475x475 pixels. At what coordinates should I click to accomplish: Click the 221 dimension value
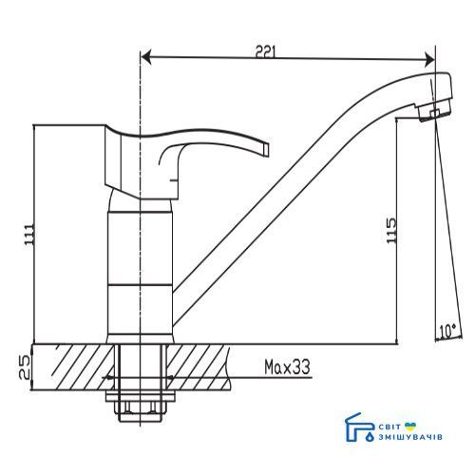[266, 51]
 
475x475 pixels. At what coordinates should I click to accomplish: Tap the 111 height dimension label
[29, 234]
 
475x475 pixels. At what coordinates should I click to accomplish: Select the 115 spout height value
[391, 230]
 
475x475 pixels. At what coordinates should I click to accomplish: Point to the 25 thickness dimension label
[25, 368]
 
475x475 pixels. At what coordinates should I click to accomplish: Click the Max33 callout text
[287, 367]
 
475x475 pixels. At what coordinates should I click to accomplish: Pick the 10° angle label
[447, 332]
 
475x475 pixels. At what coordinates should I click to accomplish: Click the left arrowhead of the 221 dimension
[146, 58]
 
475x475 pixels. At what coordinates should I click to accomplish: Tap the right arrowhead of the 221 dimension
[429, 60]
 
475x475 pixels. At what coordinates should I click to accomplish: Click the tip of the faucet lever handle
[266, 149]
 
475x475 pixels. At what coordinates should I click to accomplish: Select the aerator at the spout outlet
[434, 112]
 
